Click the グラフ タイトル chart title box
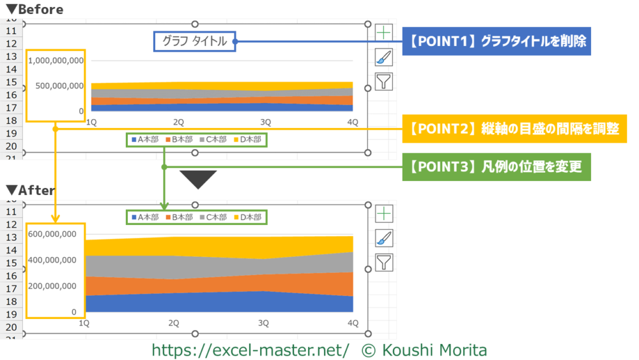tap(194, 42)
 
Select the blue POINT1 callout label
tap(497, 42)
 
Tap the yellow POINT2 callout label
tap(514, 129)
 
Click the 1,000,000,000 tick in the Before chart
tap(56, 61)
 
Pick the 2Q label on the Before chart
tap(179, 121)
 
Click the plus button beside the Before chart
tap(383, 32)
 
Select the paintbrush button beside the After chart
tap(383, 238)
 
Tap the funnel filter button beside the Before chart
tap(383, 81)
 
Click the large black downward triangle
tap(198, 178)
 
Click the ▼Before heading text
tap(35, 10)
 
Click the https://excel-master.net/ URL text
tap(250, 350)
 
